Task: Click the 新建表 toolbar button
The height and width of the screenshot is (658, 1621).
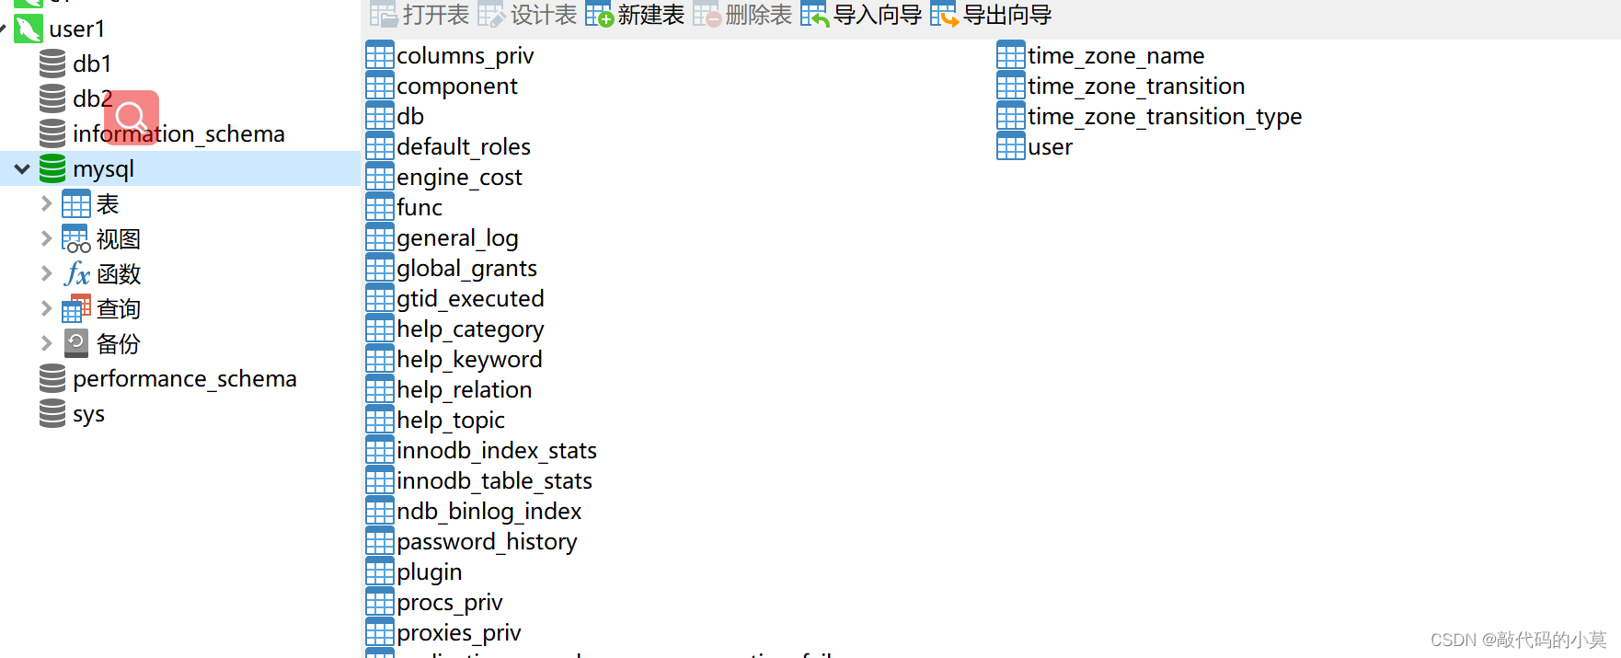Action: point(636,15)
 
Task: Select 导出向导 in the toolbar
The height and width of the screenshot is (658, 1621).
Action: point(991,15)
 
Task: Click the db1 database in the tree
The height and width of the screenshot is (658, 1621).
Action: point(91,63)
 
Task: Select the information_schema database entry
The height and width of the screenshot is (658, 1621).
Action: point(178,133)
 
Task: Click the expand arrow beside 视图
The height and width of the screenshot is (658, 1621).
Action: point(46,238)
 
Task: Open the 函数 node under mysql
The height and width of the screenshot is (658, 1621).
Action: point(118,273)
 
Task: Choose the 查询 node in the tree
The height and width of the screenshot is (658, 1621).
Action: point(118,308)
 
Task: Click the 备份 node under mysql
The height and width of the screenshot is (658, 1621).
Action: point(118,343)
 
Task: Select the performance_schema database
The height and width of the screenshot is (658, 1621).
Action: point(184,378)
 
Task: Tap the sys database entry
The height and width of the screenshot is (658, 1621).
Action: point(88,413)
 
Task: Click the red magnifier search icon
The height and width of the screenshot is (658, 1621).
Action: point(132,117)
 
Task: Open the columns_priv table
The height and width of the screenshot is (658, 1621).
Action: point(464,55)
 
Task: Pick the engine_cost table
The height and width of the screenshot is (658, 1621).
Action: point(458,177)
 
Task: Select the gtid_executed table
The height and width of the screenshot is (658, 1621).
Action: point(469,298)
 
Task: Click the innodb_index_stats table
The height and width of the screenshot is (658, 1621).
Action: point(496,450)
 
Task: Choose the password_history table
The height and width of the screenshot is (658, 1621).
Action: point(486,541)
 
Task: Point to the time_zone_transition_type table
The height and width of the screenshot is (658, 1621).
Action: point(1164,116)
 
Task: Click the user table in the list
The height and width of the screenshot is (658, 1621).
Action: point(1049,146)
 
